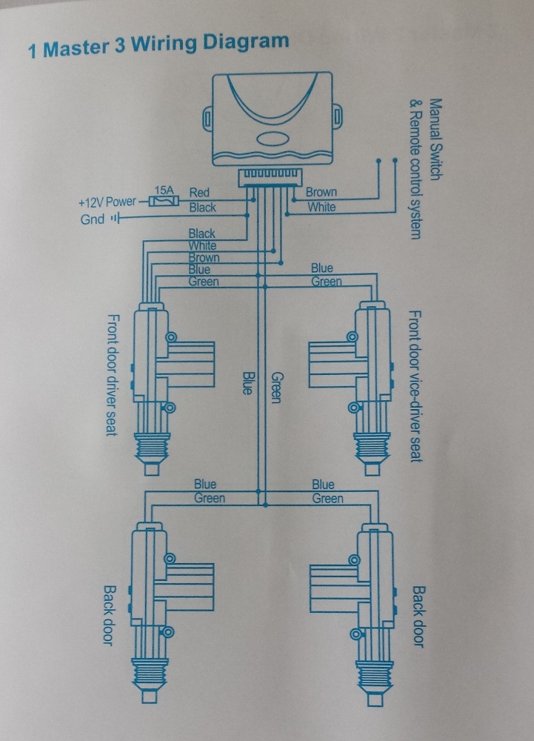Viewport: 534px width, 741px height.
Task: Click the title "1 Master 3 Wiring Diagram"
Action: coord(158,46)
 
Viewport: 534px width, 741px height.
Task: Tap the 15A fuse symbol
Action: coord(162,200)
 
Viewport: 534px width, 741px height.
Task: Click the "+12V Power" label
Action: coord(107,202)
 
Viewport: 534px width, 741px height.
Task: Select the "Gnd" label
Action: coord(93,219)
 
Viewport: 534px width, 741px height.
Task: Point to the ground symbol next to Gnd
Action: coord(115,219)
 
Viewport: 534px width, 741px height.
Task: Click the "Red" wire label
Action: coord(199,193)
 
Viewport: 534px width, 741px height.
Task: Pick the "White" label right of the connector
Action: coord(321,207)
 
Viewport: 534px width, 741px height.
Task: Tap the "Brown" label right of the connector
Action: coord(321,193)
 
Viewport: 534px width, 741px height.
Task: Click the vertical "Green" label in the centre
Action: coord(276,386)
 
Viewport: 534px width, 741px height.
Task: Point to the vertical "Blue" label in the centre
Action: coord(247,382)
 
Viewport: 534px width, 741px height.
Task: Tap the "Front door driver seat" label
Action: coord(113,374)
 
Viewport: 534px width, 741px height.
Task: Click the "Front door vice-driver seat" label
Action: coord(415,385)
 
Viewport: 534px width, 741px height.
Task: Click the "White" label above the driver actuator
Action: coord(202,245)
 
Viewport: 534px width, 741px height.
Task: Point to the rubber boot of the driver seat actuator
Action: coord(153,448)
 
